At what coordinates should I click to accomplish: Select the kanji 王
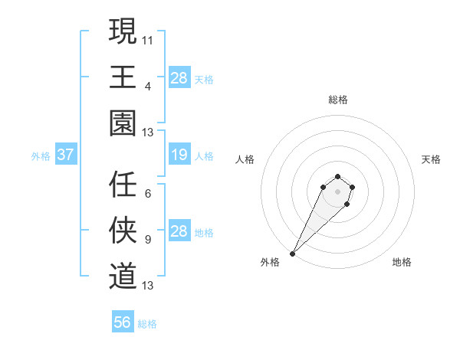[x=123, y=77]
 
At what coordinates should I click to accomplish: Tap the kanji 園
[x=123, y=122]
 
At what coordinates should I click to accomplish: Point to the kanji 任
[x=123, y=185]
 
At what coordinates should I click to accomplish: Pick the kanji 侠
[x=123, y=230]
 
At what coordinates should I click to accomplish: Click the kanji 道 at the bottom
[x=123, y=275]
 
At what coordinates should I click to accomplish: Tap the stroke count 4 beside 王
[x=148, y=86]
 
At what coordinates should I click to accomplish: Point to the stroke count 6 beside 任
[x=148, y=194]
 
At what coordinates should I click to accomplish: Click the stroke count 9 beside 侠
[x=148, y=240]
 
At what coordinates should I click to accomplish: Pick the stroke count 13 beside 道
[x=148, y=286]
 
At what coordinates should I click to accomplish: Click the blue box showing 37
[x=65, y=155]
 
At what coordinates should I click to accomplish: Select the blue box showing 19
[x=179, y=155]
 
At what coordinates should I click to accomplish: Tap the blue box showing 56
[x=123, y=322]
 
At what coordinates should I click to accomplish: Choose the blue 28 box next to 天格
[x=179, y=78]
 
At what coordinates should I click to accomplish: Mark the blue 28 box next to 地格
[x=179, y=231]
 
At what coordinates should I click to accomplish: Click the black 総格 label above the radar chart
[x=337, y=100]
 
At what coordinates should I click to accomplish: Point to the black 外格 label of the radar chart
[x=270, y=263]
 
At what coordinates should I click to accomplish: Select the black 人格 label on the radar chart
[x=245, y=159]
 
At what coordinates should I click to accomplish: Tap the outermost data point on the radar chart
[x=293, y=254]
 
